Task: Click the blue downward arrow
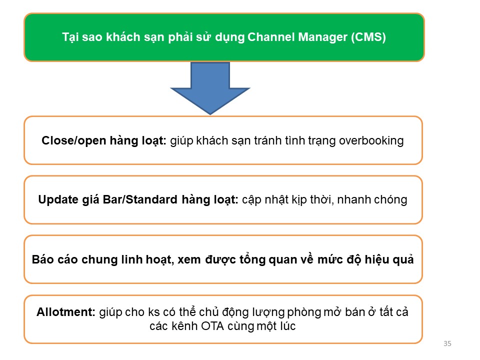[210, 87]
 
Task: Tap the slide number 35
[447, 343]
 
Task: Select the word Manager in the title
[322, 37]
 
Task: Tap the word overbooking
[371, 141]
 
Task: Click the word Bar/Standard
[140, 199]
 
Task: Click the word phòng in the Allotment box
[303, 312]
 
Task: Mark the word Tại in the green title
[70, 37]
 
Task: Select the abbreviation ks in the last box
[154, 312]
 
